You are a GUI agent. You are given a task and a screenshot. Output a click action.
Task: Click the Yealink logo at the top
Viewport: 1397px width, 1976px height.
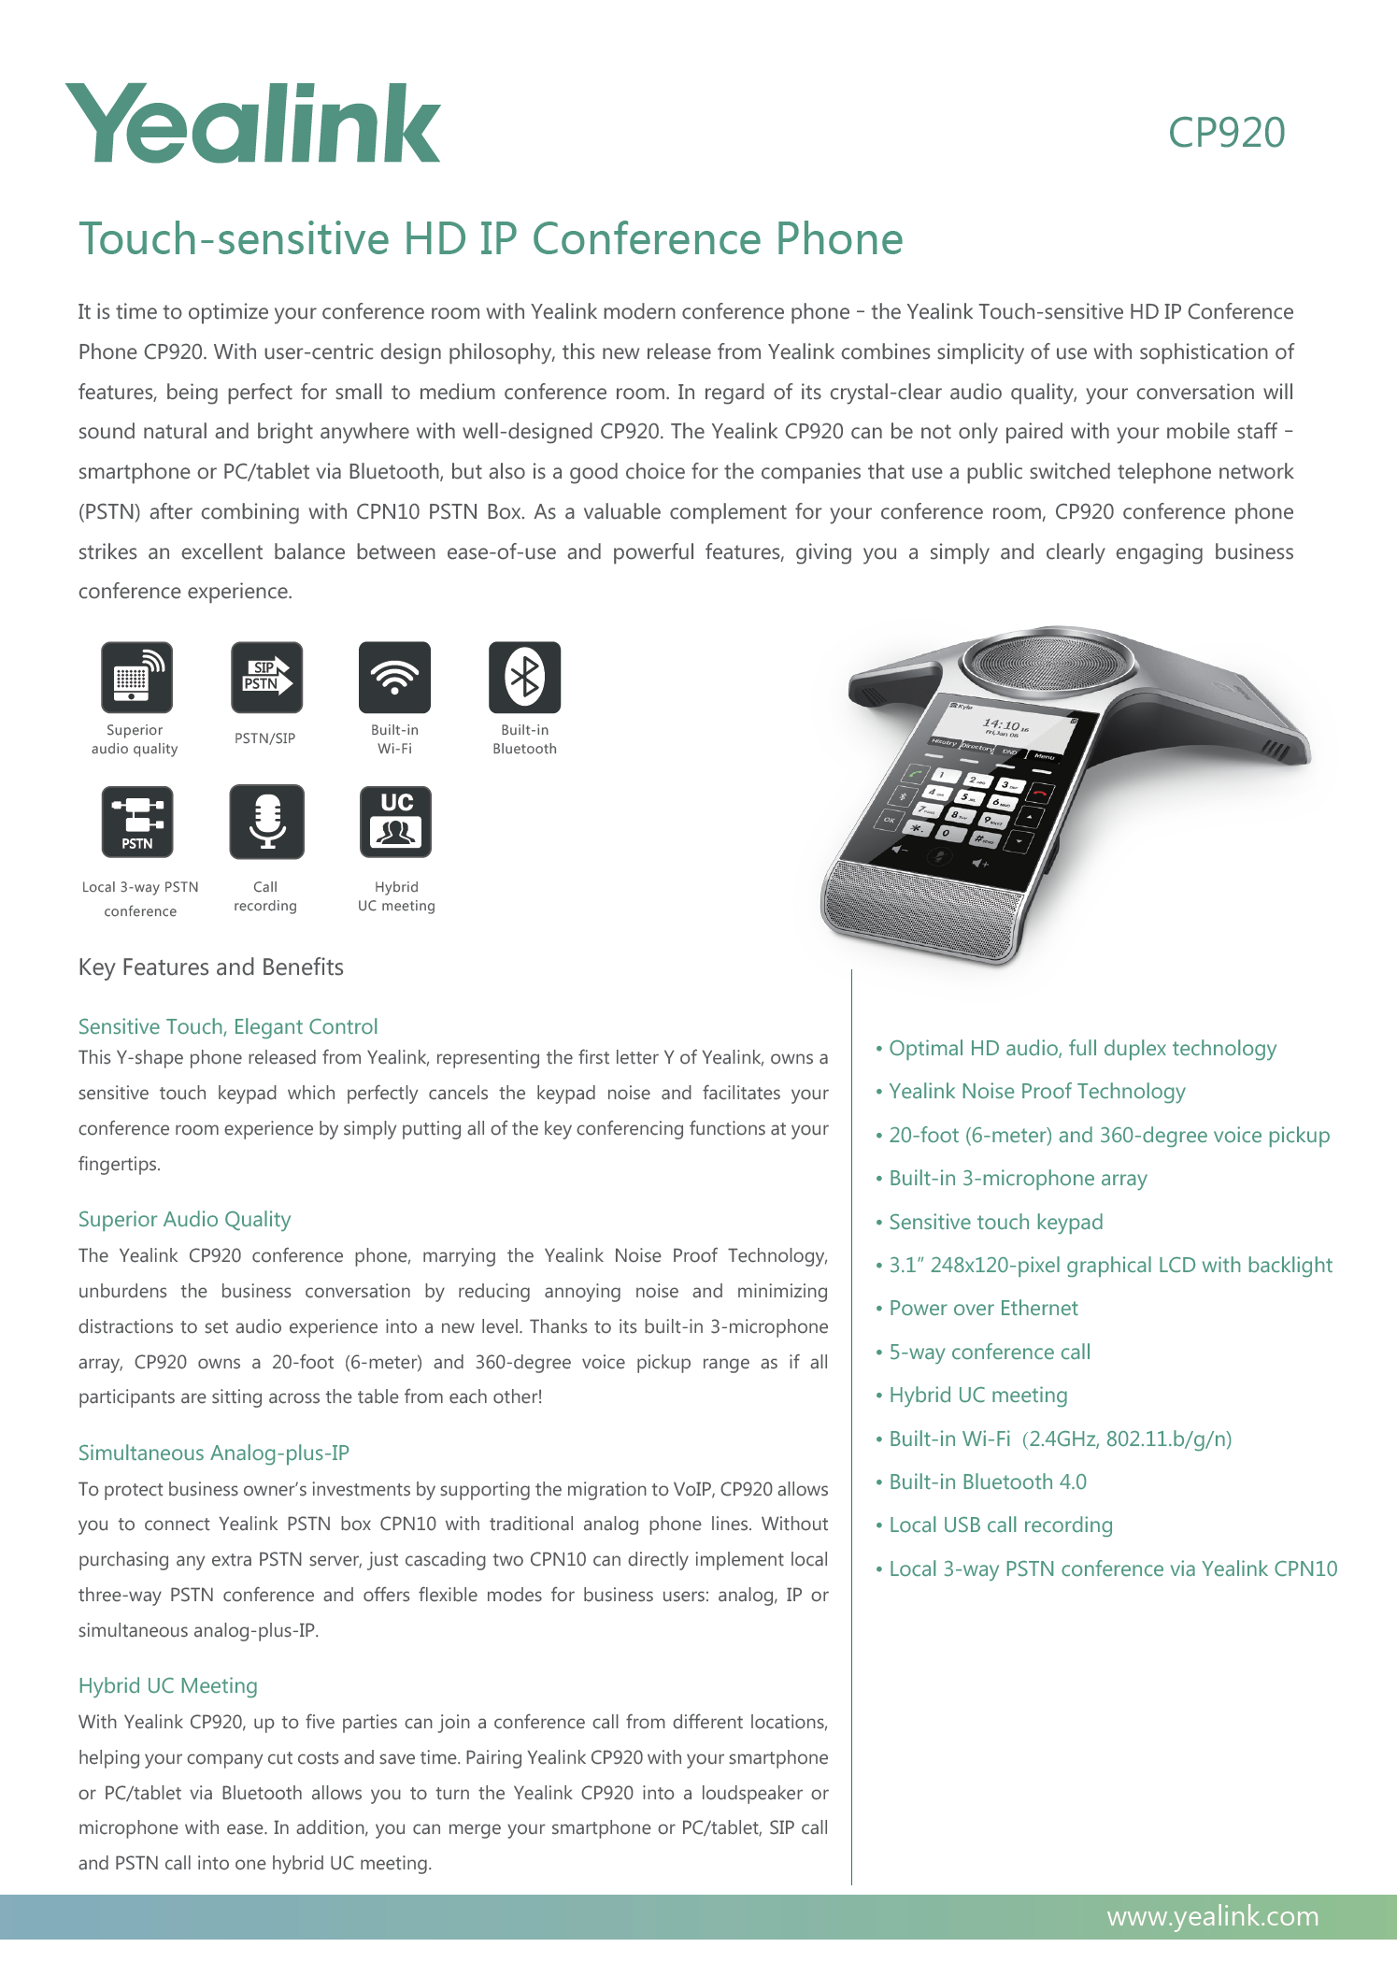pyautogui.click(x=252, y=124)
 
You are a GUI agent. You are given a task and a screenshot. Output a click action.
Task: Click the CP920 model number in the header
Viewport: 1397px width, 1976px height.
pyautogui.click(x=1226, y=133)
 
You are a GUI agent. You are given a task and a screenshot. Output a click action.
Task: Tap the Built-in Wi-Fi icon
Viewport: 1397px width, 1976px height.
pyautogui.click(x=394, y=677)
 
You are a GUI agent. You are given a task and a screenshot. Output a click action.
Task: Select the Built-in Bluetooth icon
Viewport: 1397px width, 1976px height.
pyautogui.click(x=524, y=677)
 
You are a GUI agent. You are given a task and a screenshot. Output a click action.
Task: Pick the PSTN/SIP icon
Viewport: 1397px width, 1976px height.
pyautogui.click(x=266, y=677)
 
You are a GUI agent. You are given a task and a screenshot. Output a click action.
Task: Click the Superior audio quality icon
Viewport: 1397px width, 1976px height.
pyautogui.click(x=136, y=677)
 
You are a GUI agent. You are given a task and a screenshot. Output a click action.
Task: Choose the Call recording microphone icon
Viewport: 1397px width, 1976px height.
pyautogui.click(x=266, y=821)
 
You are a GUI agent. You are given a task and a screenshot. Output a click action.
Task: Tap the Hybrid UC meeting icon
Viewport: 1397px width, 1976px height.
pyautogui.click(x=396, y=821)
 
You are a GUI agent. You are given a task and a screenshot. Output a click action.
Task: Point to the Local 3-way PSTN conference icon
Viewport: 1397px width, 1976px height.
pyautogui.click(x=137, y=821)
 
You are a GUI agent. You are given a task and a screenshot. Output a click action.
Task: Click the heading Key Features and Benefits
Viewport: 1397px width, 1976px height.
pyautogui.click(x=211, y=967)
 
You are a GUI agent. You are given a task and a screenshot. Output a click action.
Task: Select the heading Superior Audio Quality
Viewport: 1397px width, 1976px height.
pyautogui.click(x=185, y=1220)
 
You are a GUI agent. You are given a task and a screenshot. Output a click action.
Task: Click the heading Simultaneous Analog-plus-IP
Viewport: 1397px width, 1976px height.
pyautogui.click(x=214, y=1453)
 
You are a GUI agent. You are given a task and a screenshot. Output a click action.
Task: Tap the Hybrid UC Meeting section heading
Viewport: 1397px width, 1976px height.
pyautogui.click(x=168, y=1686)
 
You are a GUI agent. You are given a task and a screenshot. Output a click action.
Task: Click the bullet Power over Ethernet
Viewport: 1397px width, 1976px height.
pyautogui.click(x=983, y=1309)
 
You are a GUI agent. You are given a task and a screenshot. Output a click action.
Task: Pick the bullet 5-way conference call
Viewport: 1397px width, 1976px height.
pyautogui.click(x=990, y=1353)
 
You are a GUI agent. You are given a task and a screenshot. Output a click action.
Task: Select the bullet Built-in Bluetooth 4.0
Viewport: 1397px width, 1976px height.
pyautogui.click(x=988, y=1482)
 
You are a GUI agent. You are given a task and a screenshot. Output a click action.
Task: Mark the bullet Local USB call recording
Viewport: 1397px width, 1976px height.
pyautogui.click(x=1001, y=1525)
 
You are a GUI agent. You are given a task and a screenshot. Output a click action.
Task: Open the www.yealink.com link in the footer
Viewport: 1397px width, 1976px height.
pyautogui.click(x=1213, y=1917)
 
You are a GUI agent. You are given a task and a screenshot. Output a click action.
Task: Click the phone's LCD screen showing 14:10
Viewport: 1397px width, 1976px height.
pyautogui.click(x=1000, y=729)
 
